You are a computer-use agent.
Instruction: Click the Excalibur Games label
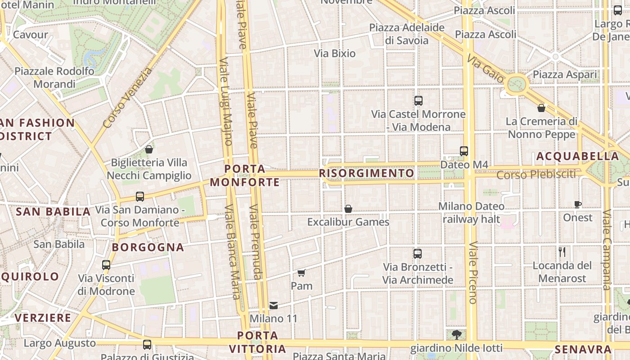348,222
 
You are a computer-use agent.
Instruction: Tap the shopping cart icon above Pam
301,273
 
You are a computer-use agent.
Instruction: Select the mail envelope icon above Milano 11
273,306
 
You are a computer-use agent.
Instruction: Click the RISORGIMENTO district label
366,173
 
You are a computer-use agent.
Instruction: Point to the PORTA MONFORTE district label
245,175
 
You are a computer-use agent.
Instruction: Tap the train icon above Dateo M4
464,151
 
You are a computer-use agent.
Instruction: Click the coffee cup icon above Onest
578,205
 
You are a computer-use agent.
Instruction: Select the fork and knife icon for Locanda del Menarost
562,252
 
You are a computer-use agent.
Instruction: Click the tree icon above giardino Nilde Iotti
456,334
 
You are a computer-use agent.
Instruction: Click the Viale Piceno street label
473,273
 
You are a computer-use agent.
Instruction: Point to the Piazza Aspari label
565,74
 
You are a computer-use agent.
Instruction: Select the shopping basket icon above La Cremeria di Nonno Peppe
541,108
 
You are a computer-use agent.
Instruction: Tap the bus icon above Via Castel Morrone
418,101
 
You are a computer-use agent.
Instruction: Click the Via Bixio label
335,54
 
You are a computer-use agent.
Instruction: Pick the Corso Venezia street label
128,97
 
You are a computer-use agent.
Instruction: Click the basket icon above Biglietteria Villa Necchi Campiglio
149,149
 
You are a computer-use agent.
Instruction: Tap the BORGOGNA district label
148,247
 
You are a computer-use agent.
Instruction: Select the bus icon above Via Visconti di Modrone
106,265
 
